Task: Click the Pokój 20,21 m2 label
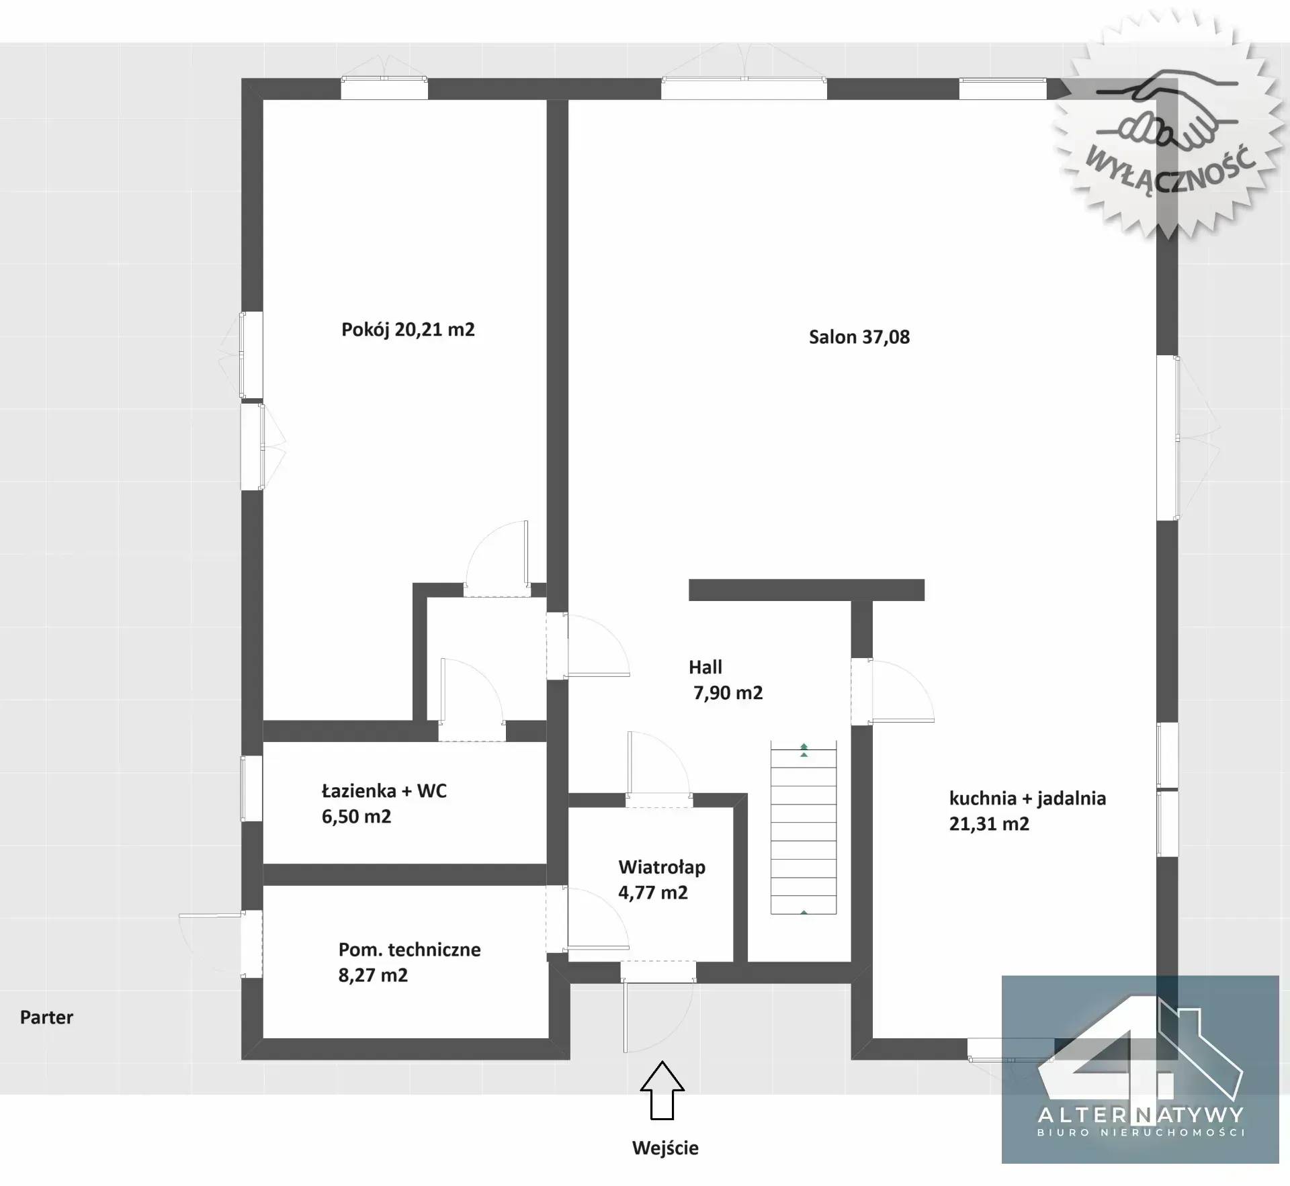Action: tap(408, 330)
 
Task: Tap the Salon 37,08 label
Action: tap(859, 337)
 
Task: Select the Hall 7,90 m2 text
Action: tap(726, 680)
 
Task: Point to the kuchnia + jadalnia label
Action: tap(1027, 798)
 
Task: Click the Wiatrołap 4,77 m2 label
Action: tap(662, 880)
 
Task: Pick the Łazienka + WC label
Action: tap(384, 791)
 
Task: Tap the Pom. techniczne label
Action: tap(410, 950)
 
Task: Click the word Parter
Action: tap(46, 1017)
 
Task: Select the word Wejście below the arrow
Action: tap(665, 1148)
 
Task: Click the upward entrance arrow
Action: tap(662, 1090)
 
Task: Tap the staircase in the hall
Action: tap(804, 827)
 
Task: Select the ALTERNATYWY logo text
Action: tap(1141, 1115)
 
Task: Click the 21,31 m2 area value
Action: tap(989, 824)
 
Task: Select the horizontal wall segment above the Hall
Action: tap(806, 590)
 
